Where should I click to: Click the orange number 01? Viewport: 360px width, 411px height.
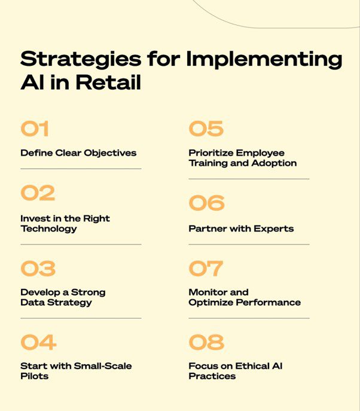34,129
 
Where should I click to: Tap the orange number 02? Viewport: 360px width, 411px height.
38,193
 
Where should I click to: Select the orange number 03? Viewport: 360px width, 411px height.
38,269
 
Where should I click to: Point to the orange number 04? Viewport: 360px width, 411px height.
38,342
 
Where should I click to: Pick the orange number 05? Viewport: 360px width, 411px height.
206,129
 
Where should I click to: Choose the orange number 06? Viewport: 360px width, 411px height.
206,203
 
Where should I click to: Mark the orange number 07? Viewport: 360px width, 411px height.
206,269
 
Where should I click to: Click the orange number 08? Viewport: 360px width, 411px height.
206,342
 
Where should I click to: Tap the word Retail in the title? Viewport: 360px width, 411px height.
108,83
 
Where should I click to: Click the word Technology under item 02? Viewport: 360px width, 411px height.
48,229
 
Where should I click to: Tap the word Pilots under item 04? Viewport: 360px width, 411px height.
34,376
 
